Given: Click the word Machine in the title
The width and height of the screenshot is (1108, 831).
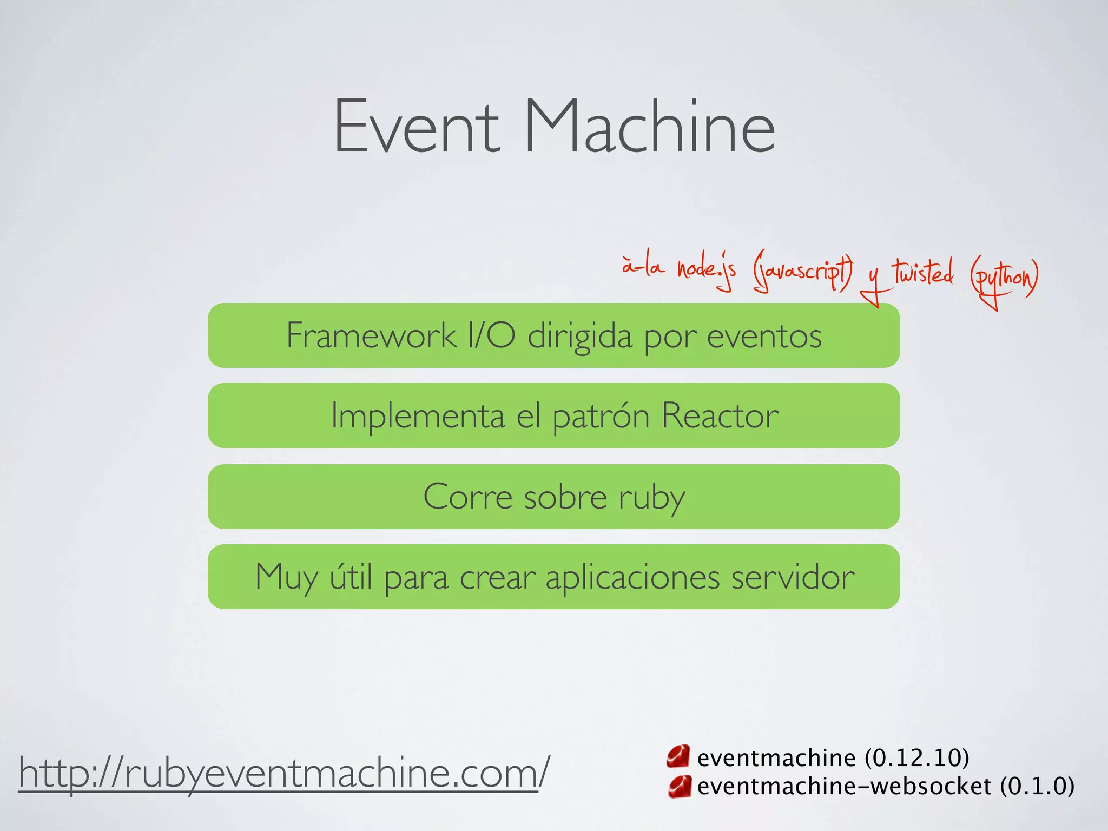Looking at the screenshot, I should [x=649, y=127].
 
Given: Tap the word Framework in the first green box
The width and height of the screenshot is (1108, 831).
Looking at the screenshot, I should [x=371, y=335].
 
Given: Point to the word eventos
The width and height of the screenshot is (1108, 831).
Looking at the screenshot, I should [x=764, y=335].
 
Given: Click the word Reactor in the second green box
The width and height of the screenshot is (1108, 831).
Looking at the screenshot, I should [x=720, y=415].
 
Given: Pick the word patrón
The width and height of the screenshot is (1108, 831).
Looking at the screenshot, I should [x=601, y=415].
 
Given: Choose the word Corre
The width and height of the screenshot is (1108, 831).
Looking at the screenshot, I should [x=467, y=497].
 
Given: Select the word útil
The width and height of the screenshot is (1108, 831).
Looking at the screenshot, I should [x=351, y=577].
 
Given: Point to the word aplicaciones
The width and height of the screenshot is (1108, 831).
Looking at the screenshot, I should [x=632, y=577].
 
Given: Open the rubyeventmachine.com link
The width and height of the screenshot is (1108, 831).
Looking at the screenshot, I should [x=283, y=773].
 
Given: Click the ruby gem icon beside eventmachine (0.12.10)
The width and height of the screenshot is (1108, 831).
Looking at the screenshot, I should [x=678, y=757].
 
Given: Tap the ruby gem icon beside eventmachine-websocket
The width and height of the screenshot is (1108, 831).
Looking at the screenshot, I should [x=679, y=786].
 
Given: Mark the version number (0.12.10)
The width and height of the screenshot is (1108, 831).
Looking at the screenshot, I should [x=916, y=757].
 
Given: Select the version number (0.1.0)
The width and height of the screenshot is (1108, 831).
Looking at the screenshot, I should [x=1037, y=786].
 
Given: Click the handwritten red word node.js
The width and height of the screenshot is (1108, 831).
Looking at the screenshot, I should [x=706, y=271].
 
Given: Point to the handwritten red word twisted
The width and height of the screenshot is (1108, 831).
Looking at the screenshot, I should [x=923, y=273].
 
